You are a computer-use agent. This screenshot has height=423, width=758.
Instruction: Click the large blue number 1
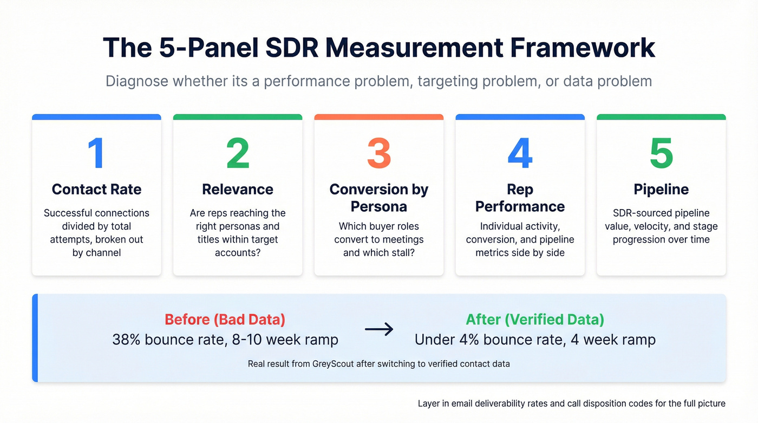[x=96, y=153]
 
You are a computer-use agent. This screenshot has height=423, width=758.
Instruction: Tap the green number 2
[x=238, y=153]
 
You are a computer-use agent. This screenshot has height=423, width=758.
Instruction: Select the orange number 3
[x=379, y=153]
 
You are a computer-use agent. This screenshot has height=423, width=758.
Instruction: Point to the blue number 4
[x=520, y=153]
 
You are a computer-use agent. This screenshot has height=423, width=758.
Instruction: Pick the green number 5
[x=661, y=153]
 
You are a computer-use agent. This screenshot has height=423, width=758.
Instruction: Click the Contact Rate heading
[x=96, y=189]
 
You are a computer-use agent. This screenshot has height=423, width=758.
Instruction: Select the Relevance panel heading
[x=238, y=189]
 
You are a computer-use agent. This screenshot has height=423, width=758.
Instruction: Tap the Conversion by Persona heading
[x=379, y=198]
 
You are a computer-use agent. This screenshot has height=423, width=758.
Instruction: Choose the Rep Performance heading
[x=520, y=198]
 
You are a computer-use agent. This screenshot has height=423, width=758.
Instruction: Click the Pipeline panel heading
[x=661, y=189]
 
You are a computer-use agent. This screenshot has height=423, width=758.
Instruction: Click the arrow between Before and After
[x=379, y=329]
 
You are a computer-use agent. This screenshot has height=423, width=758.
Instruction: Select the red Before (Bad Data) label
[x=225, y=319]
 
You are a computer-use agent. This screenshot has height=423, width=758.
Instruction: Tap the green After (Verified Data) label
[x=535, y=319]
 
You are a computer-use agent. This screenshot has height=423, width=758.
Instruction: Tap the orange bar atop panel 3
[x=379, y=117]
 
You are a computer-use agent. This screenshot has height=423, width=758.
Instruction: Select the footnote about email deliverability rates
[x=571, y=404]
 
